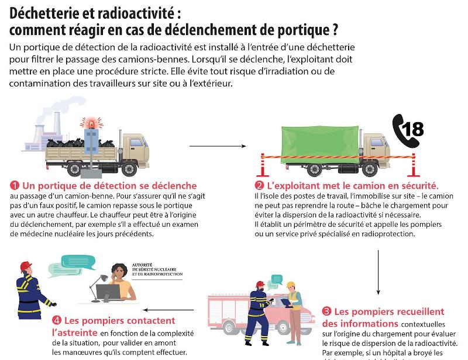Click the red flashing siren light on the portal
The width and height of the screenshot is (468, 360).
(91, 123)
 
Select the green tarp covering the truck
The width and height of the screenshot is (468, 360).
(312, 143)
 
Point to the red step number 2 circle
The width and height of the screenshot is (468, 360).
(250, 185)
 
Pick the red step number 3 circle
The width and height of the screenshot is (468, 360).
(326, 312)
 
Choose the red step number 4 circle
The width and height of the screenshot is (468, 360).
(56, 320)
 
